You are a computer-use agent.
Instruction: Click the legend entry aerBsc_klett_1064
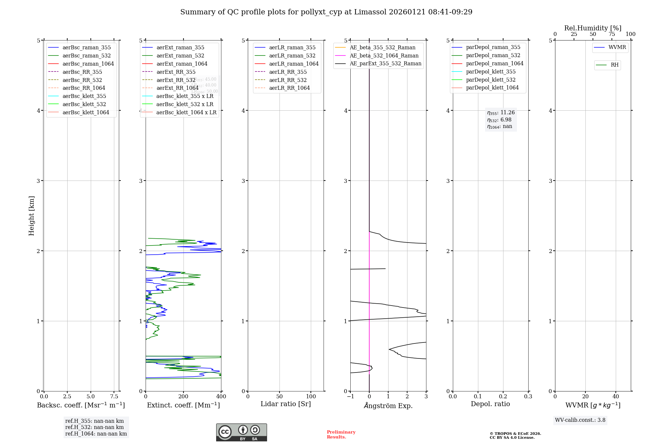(86, 112)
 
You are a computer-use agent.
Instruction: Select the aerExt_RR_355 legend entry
(176, 72)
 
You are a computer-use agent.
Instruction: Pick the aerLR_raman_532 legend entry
(292, 55)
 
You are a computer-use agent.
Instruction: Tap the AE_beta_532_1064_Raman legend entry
(384, 55)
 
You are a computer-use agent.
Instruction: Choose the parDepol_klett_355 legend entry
(491, 71)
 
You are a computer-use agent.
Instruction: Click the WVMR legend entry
(617, 47)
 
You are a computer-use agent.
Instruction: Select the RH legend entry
(614, 65)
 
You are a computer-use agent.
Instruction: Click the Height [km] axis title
(31, 215)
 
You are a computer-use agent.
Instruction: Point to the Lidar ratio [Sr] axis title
(286, 404)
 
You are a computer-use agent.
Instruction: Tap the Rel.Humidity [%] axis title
(593, 28)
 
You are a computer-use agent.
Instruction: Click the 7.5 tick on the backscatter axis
(114, 396)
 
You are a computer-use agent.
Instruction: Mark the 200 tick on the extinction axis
(183, 396)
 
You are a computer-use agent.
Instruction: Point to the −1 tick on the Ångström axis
(350, 396)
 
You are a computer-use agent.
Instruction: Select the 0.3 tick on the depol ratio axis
(528, 396)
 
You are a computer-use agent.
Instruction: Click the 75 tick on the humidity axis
(612, 34)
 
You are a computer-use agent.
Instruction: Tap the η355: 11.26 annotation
(501, 113)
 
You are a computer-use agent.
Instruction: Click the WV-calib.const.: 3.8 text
(580, 420)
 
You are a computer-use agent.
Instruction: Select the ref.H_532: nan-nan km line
(94, 427)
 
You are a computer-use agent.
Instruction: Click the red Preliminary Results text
(341, 435)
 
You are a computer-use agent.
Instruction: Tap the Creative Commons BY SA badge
(241, 432)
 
